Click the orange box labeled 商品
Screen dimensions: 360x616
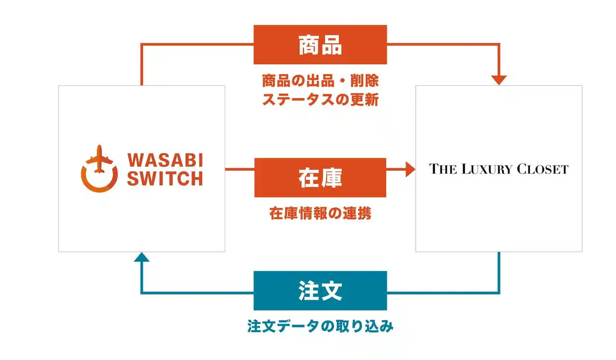320,45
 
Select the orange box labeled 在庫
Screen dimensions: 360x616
320,178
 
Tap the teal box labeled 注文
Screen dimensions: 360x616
320,291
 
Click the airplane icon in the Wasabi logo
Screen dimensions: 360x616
100,159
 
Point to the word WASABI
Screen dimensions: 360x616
165,160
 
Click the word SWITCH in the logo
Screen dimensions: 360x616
165,179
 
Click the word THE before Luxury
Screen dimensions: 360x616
442,169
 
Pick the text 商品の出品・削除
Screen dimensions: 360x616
320,80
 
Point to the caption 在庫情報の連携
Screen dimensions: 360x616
320,214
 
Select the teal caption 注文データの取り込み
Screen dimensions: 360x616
320,326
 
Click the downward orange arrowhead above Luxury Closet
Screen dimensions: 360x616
499,80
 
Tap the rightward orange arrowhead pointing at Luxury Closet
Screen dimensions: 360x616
410,169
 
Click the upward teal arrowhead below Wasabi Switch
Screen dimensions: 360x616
141,257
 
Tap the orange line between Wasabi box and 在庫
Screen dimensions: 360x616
239,169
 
